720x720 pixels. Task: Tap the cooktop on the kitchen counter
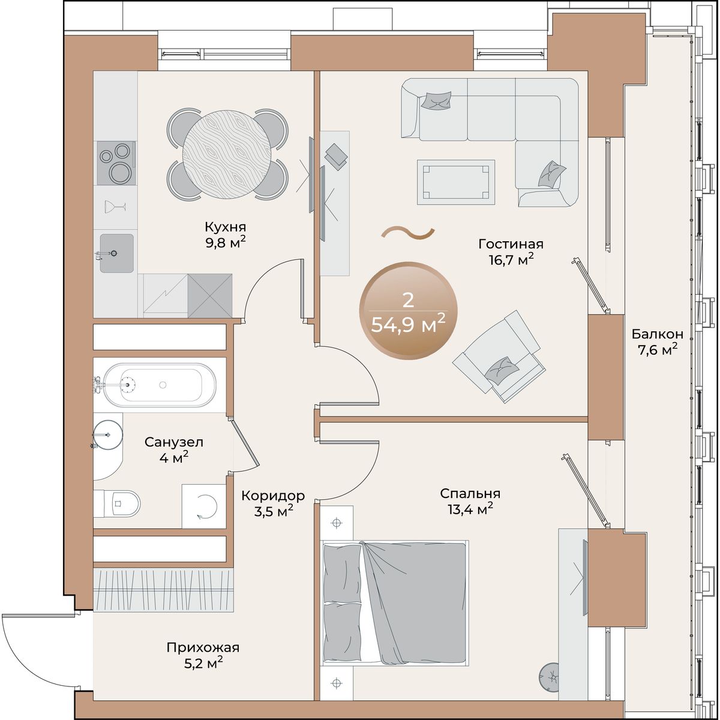click(116, 163)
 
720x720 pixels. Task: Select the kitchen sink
click(116, 253)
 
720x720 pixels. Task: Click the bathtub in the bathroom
click(160, 385)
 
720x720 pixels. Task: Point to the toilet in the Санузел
click(116, 503)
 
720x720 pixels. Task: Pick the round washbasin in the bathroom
click(107, 434)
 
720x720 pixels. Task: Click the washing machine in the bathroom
click(204, 506)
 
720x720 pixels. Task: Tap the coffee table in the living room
click(456, 182)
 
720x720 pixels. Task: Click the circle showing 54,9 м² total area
click(409, 310)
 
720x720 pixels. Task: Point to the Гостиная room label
click(511, 244)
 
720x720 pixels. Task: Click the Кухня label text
click(226, 227)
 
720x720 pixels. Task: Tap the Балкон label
click(658, 334)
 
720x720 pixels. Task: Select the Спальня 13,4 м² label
click(470, 501)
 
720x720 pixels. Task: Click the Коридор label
click(273, 496)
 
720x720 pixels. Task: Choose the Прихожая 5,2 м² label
click(203, 656)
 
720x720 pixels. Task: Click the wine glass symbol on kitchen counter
click(115, 206)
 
